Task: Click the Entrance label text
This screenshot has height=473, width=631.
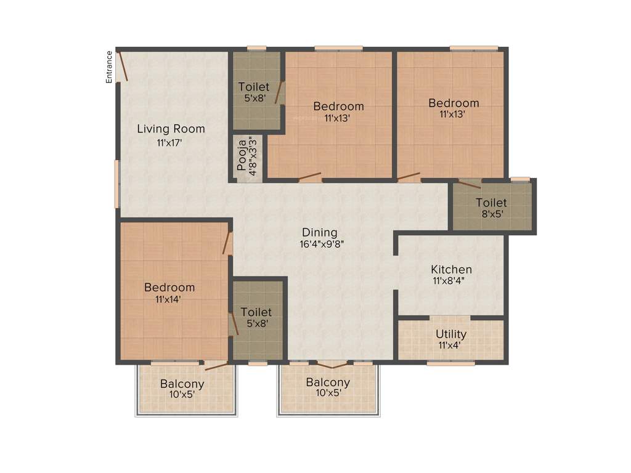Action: [x=109, y=67]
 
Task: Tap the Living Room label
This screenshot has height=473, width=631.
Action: [x=171, y=129]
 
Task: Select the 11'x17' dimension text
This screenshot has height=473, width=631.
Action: [x=169, y=143]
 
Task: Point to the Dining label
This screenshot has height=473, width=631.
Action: [x=319, y=232]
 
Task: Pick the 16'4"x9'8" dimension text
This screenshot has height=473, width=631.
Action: [x=322, y=243]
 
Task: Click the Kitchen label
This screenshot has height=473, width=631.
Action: [x=451, y=269]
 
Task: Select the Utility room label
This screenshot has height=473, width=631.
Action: [x=451, y=334]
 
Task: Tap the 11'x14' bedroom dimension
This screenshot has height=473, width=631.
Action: [x=168, y=299]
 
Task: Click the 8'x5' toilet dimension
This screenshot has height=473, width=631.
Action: [x=491, y=215]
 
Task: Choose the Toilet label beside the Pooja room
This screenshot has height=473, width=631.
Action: [x=254, y=87]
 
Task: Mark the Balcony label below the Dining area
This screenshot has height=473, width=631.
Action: [x=328, y=382]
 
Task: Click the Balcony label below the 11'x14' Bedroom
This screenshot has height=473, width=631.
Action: [x=182, y=384]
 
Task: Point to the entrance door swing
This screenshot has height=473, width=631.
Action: [x=123, y=67]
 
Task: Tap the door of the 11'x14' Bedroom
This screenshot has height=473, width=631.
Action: [x=227, y=243]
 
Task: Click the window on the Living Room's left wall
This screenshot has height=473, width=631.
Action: [x=116, y=184]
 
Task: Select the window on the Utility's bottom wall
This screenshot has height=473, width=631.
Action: [x=450, y=363]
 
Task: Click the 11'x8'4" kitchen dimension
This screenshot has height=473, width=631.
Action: [x=452, y=281]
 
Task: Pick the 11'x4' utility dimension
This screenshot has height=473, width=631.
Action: [x=451, y=345]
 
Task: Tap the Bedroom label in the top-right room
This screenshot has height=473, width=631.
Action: [x=454, y=103]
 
